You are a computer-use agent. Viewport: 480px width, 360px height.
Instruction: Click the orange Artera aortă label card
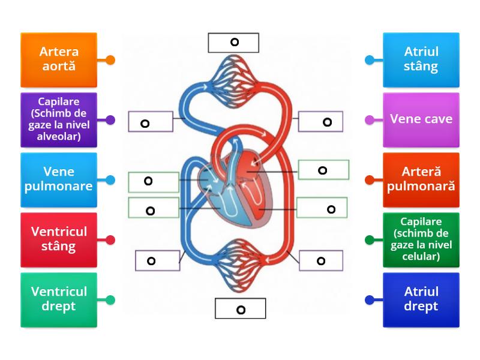pyautogui.click(x=58, y=59)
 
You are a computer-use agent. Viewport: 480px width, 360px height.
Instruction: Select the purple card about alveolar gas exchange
pyautogui.click(x=58, y=119)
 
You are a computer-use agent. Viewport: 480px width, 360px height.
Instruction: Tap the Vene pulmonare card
pyautogui.click(x=58, y=179)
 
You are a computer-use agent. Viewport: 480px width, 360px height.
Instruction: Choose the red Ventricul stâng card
pyautogui.click(x=58, y=239)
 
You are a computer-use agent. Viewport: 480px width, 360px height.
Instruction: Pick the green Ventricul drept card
pyautogui.click(x=58, y=299)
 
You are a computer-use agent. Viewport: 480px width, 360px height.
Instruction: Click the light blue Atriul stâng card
pyautogui.click(x=421, y=59)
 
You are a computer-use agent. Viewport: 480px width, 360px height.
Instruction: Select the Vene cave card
pyautogui.click(x=421, y=119)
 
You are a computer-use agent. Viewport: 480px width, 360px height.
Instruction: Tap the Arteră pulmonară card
pyautogui.click(x=421, y=179)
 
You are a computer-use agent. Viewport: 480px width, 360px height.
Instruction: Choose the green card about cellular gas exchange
pyautogui.click(x=421, y=239)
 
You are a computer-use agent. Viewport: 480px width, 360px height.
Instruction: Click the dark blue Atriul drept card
pyautogui.click(x=421, y=299)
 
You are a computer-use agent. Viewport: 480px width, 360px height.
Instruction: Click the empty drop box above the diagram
pyautogui.click(x=233, y=43)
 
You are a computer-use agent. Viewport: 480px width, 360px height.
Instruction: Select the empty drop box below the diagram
pyautogui.click(x=240, y=309)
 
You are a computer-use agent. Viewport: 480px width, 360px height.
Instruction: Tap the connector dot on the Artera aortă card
pyautogui.click(x=110, y=60)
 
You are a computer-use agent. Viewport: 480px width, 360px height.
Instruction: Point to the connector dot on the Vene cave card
pyautogui.click(x=370, y=120)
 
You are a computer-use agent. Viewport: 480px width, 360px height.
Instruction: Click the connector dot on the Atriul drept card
pyautogui.click(x=370, y=300)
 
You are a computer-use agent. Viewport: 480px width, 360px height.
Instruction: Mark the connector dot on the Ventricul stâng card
pyautogui.click(x=110, y=240)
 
